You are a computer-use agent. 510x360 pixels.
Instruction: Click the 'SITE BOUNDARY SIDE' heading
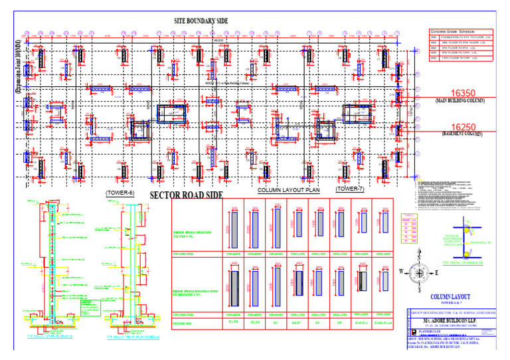201,21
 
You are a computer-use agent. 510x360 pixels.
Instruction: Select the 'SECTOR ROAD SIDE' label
185,195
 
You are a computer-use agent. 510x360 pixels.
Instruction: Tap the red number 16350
459,94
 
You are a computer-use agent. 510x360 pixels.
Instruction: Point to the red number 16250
459,127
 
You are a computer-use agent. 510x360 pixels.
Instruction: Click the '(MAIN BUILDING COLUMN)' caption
459,102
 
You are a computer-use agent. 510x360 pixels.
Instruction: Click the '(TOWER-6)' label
120,193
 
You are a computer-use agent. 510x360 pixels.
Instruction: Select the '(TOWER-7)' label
349,189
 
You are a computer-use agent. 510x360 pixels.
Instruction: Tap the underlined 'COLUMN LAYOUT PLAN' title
289,190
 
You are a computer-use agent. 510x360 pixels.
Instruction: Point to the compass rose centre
418,272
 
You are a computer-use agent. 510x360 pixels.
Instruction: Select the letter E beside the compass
437,272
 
